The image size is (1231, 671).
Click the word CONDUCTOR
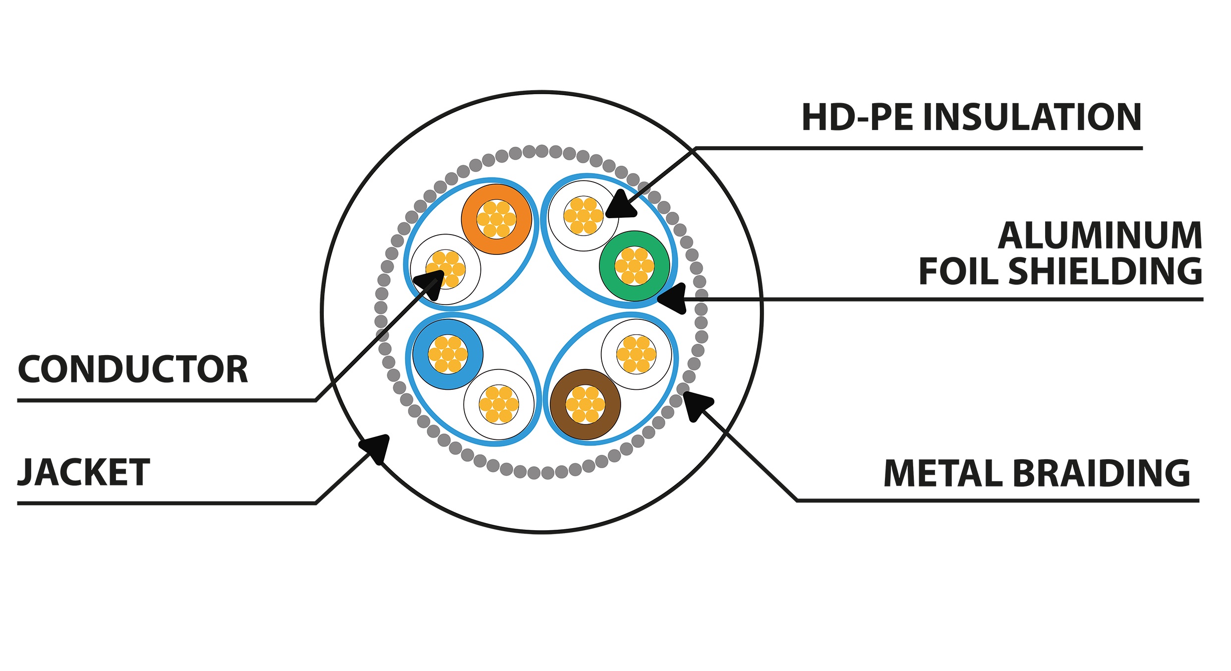133,370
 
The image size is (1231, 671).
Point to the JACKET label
84,473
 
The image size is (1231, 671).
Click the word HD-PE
857,118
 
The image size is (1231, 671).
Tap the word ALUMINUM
1100,236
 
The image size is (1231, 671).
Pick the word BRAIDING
1100,474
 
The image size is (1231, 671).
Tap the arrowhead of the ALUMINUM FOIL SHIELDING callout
672,298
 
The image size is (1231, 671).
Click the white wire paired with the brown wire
636,354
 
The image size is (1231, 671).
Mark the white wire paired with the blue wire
499,404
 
